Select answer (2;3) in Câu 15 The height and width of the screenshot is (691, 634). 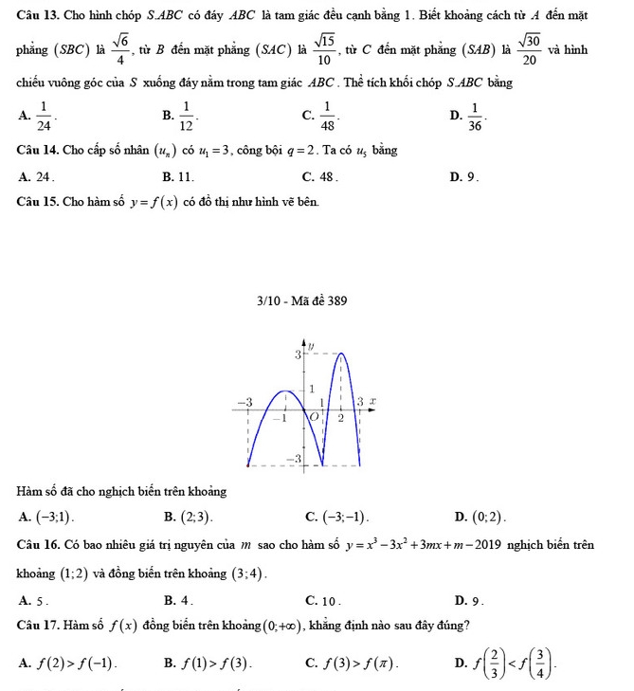click(x=197, y=516)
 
